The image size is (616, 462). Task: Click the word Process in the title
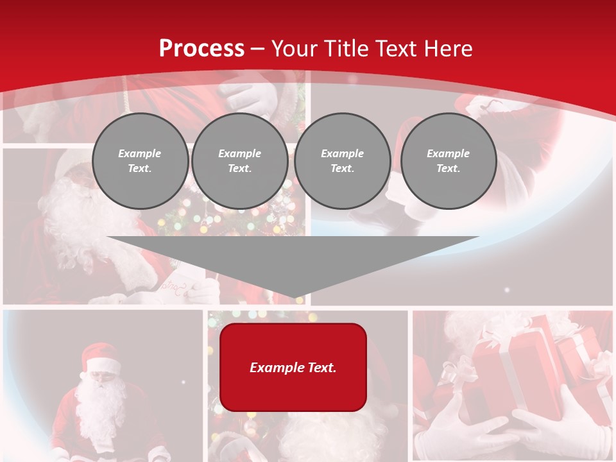[201, 49]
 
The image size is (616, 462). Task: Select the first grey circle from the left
[140, 161]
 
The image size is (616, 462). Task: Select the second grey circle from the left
[239, 161]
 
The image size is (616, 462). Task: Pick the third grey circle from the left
[342, 161]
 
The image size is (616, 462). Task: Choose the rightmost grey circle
[448, 161]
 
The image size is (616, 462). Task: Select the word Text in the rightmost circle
[448, 169]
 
